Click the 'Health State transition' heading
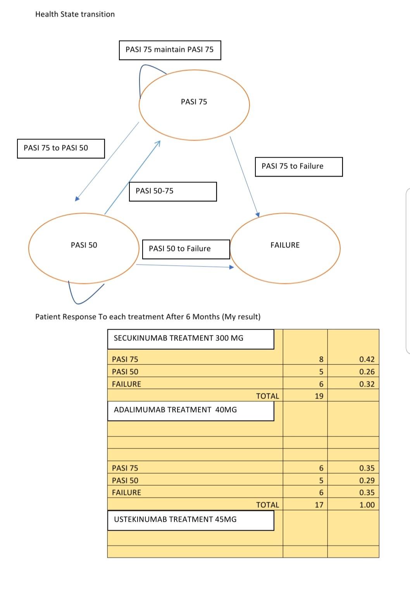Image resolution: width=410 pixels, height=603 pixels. (x=75, y=14)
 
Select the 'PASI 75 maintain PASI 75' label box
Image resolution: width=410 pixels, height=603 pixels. (x=170, y=50)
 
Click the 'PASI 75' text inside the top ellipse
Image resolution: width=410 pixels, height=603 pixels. (x=194, y=102)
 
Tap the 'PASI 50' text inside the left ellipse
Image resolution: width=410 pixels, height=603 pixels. (x=84, y=245)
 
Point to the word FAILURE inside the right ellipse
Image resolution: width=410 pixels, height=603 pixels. (x=285, y=245)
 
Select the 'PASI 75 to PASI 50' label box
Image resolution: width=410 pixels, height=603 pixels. (x=61, y=148)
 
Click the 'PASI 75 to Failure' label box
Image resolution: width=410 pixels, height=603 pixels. (x=298, y=167)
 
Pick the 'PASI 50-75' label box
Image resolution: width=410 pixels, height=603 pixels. (x=173, y=191)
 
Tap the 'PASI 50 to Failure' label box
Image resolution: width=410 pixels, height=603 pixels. (x=186, y=249)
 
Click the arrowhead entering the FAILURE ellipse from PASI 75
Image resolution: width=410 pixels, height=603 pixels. (x=258, y=214)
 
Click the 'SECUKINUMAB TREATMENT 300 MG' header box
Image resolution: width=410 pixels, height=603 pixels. (x=191, y=338)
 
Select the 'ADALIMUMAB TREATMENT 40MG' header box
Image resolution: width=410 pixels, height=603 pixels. (x=191, y=410)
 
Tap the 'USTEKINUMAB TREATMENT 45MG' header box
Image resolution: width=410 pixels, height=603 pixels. (x=191, y=520)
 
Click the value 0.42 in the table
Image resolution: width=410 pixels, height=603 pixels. (x=367, y=359)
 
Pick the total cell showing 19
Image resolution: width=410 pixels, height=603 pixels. (x=319, y=396)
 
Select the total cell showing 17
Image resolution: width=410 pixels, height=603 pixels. (x=319, y=505)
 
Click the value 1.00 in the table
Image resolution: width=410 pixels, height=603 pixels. (x=367, y=505)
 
